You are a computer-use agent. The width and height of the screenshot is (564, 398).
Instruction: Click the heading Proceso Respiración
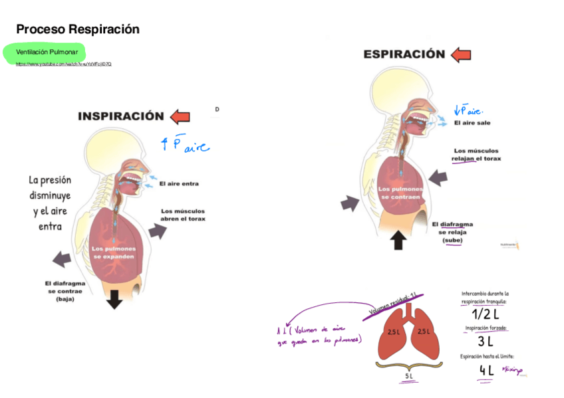78,29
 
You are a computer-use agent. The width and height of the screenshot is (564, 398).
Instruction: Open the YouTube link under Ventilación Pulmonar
64,64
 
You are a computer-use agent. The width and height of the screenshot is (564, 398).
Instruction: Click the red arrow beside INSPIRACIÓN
180,117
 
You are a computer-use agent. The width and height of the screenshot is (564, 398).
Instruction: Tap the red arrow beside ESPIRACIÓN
460,54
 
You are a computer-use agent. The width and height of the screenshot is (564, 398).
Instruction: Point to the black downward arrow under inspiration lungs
114,299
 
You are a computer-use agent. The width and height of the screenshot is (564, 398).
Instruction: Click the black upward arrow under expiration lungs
398,239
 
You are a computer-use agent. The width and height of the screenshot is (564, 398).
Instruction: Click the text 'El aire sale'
473,123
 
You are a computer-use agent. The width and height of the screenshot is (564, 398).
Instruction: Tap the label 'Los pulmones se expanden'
113,252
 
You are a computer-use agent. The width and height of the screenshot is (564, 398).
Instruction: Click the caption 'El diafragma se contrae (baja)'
65,291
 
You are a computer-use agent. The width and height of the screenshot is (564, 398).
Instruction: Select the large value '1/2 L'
485,314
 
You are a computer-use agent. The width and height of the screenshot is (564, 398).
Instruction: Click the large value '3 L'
485,342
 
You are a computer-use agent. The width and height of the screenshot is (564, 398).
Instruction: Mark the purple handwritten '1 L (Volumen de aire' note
319,330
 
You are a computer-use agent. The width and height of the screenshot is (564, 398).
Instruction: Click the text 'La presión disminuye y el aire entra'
49,203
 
